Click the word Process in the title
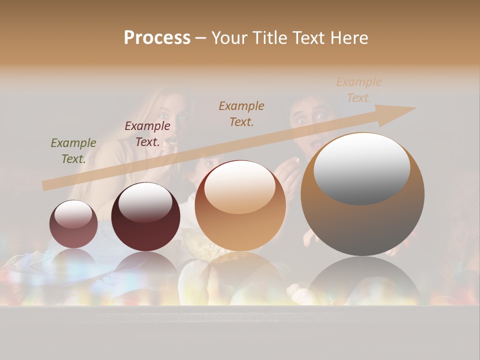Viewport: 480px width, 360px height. pyautogui.click(x=157, y=37)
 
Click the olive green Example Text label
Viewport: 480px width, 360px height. pyautogui.click(x=73, y=151)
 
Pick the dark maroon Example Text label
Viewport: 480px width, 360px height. pyautogui.click(x=147, y=134)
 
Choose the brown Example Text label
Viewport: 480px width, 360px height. pyautogui.click(x=241, y=113)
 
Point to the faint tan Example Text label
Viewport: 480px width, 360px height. pyautogui.click(x=358, y=90)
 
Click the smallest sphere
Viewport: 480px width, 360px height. pyautogui.click(x=73, y=224)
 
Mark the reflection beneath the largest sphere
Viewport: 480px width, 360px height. pyautogui.click(x=362, y=280)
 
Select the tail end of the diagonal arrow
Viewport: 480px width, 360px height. pyautogui.click(x=46, y=185)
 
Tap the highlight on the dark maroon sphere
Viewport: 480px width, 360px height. pyautogui.click(x=145, y=203)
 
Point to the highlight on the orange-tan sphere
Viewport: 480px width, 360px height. pyautogui.click(x=239, y=187)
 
